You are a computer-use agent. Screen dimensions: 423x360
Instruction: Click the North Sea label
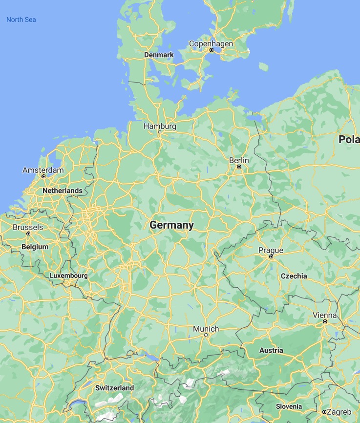21,20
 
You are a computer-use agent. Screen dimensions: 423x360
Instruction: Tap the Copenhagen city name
211,43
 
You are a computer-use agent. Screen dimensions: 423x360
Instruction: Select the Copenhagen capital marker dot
212,50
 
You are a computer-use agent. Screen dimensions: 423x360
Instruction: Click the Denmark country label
159,55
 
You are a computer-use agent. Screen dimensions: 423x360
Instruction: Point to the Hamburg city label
160,126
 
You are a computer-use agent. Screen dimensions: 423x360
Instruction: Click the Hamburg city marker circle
160,132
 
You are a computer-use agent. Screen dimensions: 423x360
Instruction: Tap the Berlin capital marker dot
239,167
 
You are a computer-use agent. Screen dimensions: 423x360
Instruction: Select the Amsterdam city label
43,170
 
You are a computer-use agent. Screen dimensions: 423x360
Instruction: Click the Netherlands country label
63,190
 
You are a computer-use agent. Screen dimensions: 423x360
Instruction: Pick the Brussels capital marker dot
28,233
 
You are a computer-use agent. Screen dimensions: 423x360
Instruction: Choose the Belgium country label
35,247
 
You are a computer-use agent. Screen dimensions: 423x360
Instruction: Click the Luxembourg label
69,275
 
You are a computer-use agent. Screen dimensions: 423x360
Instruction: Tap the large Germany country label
171,225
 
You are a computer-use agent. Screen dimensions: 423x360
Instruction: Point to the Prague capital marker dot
271,256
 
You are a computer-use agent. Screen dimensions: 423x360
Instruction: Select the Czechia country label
294,276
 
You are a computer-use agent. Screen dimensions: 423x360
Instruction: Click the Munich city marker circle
206,335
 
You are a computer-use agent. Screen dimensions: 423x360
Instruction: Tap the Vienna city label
324,315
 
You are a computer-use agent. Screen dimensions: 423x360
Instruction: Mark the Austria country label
271,350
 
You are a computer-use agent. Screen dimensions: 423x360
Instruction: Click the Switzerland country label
114,388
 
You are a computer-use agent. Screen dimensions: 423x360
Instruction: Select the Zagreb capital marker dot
324,412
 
